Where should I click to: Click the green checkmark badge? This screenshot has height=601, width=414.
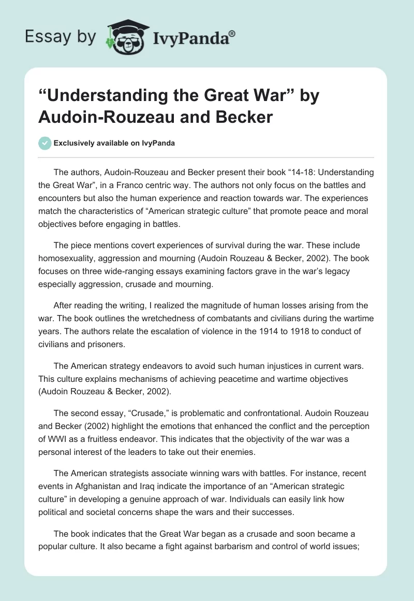(x=45, y=143)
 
